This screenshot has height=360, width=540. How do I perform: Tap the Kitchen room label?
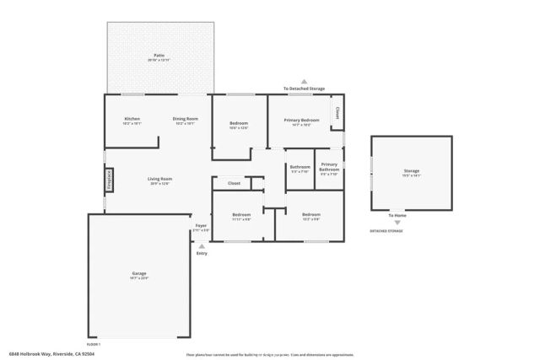tap(132, 119)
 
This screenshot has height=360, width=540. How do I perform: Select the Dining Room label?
tap(185, 119)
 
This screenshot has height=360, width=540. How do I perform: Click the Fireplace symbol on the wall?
tap(109, 179)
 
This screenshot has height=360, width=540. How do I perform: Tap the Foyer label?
tap(201, 226)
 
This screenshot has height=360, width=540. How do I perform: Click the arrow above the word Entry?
tap(201, 246)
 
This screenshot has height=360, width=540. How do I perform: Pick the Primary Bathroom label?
tap(329, 166)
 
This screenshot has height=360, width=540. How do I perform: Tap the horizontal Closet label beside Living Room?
tap(234, 183)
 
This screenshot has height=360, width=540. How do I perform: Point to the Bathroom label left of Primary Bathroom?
tap(300, 167)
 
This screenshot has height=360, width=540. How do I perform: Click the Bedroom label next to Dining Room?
tap(239, 124)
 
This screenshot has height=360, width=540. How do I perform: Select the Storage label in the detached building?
tap(411, 171)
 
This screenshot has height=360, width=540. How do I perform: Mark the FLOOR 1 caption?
tap(93, 344)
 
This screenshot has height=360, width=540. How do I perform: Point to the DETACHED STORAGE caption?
tap(386, 231)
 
